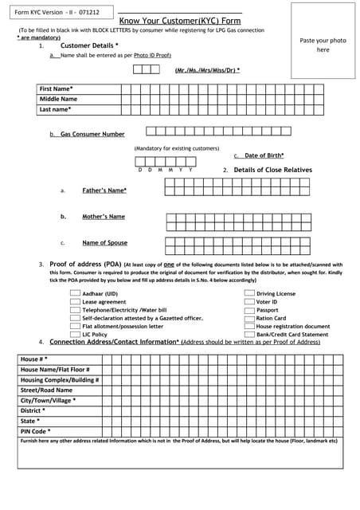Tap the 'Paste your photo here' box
pyautogui.click(x=323, y=45)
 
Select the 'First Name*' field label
pyautogui.click(x=57, y=88)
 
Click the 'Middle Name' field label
pyautogui.click(x=58, y=99)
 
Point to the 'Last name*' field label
pyautogui.click(x=56, y=109)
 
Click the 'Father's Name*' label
pyautogui.click(x=104, y=190)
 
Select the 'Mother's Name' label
pyautogui.click(x=104, y=217)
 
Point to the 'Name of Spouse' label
pyautogui.click(x=104, y=243)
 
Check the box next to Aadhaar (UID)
pyautogui.click(x=75, y=294)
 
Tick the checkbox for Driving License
pyautogui.click(x=249, y=294)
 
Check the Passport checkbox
pyautogui.click(x=249, y=310)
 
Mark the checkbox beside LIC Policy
pyautogui.click(x=75, y=335)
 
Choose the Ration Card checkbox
pyautogui.click(x=249, y=318)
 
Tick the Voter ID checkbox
pyautogui.click(x=249, y=302)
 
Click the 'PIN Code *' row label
pyautogui.click(x=36, y=431)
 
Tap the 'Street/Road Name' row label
pyautogui.click(x=46, y=390)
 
